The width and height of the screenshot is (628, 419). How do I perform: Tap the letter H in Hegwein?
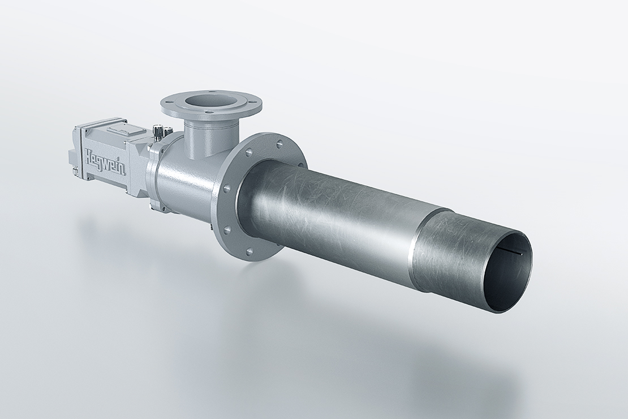91,155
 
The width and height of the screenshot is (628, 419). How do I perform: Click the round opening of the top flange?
210,100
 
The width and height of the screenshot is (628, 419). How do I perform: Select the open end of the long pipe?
507,272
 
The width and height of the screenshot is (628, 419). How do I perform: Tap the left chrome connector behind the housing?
158,131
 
